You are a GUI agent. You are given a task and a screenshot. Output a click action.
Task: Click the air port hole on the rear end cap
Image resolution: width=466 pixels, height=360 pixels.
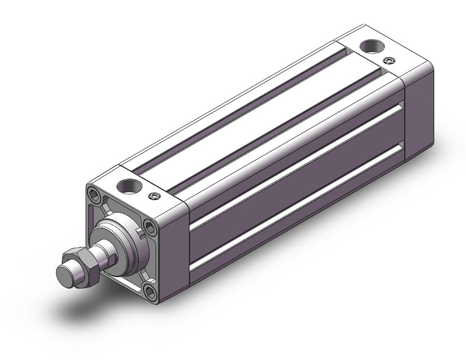point(370,46)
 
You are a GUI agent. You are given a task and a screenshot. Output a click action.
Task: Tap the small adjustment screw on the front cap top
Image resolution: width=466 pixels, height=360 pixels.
point(154,196)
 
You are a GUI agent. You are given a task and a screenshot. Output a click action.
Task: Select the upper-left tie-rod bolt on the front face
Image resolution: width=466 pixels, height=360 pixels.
point(94,195)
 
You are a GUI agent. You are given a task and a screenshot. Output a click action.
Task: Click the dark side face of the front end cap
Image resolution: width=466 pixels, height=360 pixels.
point(175,251)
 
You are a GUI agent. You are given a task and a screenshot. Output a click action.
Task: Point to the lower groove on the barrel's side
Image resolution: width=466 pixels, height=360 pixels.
point(294,212)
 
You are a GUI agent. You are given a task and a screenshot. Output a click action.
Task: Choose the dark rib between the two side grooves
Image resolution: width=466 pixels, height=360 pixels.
point(294,187)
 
